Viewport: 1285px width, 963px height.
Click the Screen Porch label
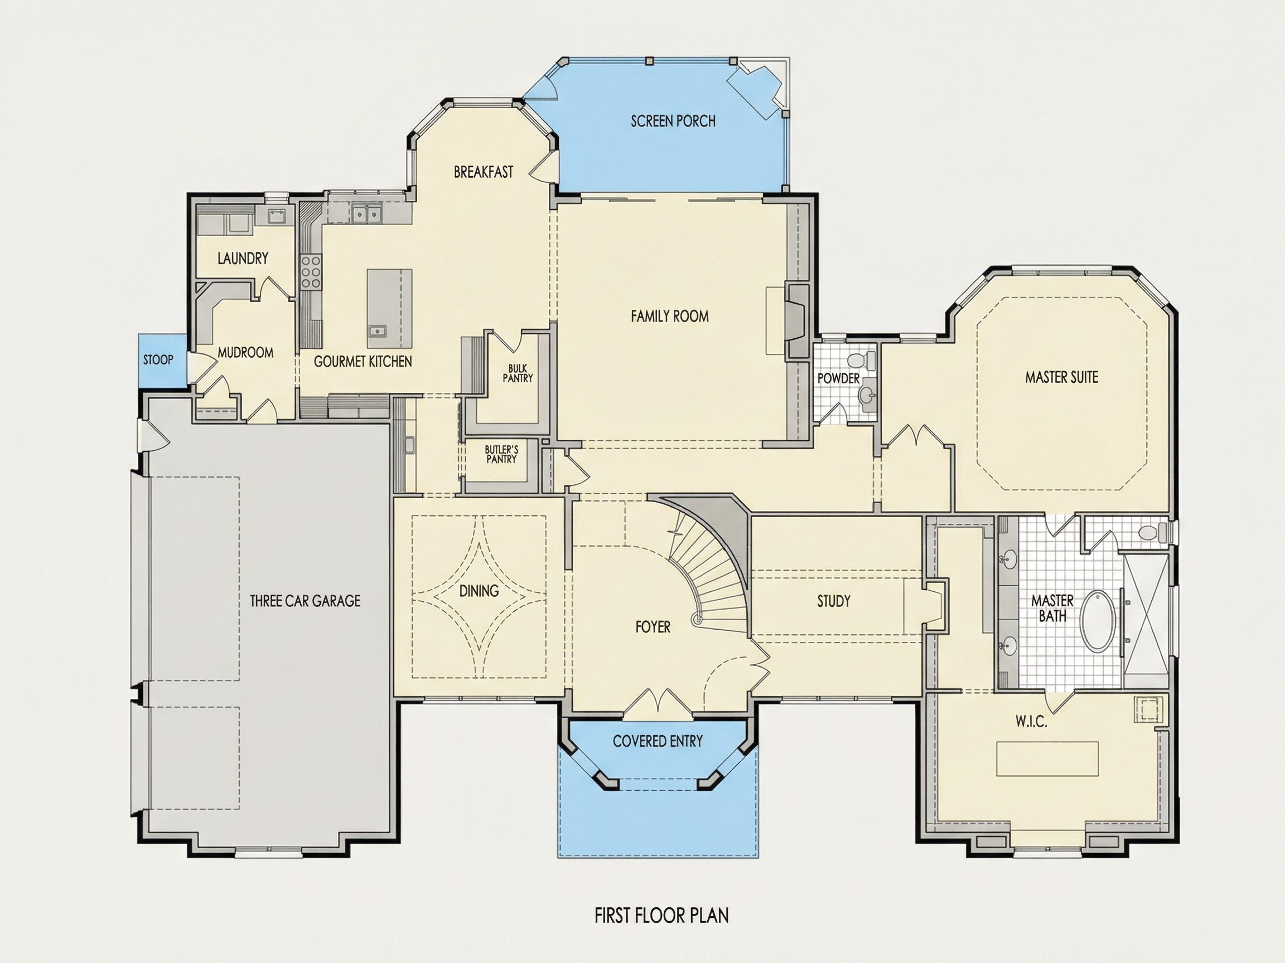pyautogui.click(x=673, y=121)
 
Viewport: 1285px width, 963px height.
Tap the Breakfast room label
pyautogui.click(x=484, y=172)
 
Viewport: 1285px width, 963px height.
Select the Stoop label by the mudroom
pyautogui.click(x=158, y=360)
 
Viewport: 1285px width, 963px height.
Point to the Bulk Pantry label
pyautogui.click(x=517, y=373)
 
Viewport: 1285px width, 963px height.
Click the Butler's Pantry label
pyautogui.click(x=501, y=454)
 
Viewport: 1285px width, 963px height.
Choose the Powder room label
pyautogui.click(x=838, y=378)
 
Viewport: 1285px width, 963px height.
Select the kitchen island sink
pyautogui.click(x=377, y=332)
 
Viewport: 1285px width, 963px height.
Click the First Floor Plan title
pyautogui.click(x=661, y=916)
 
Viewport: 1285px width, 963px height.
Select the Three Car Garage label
pyautogui.click(x=305, y=601)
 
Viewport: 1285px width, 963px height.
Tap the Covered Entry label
pyautogui.click(x=658, y=741)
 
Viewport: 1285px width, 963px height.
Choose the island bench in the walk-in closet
pyautogui.click(x=1047, y=758)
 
